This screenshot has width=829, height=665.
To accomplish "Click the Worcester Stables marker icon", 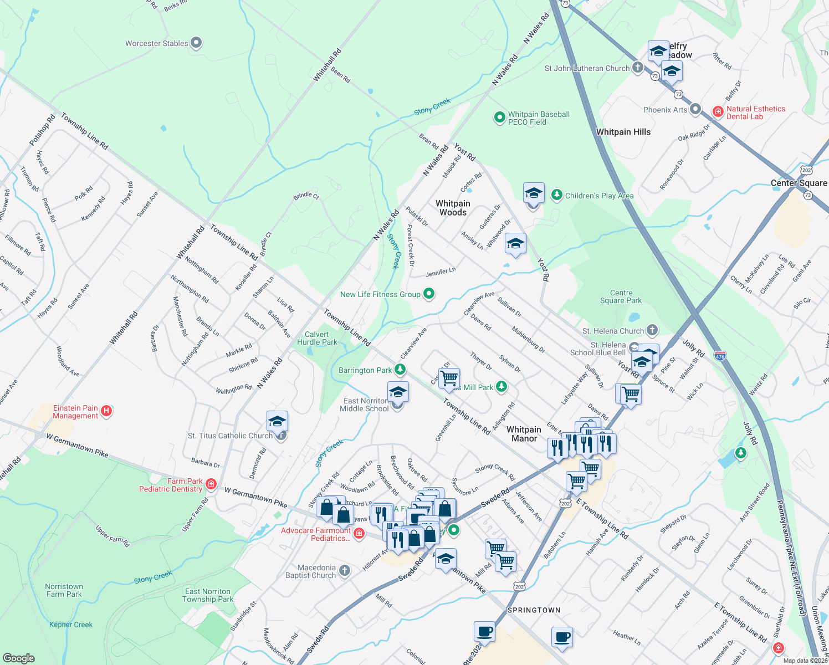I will [196, 43].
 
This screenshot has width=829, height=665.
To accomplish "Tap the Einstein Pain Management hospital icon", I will [107, 411].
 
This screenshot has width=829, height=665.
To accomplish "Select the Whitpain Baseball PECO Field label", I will [539, 118].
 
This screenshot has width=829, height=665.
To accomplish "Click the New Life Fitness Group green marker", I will [428, 294].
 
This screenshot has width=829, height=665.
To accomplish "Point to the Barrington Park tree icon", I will [400, 370].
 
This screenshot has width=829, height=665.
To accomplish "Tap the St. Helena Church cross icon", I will [652, 330].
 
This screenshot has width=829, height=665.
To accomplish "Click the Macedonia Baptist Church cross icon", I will [345, 571].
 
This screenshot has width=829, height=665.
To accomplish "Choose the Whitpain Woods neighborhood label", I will [453, 208].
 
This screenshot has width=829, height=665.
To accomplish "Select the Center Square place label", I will [799, 183].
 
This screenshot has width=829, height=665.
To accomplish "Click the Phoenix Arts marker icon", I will [695, 109].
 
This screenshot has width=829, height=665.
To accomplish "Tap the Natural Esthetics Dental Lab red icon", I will [718, 112].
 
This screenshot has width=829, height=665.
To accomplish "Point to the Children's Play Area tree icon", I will [556, 195].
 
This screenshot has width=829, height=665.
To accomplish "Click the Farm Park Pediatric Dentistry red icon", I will [211, 484].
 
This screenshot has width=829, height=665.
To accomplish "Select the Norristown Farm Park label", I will [64, 590].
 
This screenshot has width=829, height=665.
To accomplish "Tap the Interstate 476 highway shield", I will [720, 356].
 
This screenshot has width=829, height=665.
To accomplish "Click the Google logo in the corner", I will [18, 658].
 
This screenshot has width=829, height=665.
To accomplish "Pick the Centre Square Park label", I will [621, 296].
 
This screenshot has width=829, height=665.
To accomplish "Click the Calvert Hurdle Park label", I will [316, 338].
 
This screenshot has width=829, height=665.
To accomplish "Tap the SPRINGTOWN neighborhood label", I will [534, 610].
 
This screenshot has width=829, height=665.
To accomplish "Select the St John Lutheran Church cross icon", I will [637, 68].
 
